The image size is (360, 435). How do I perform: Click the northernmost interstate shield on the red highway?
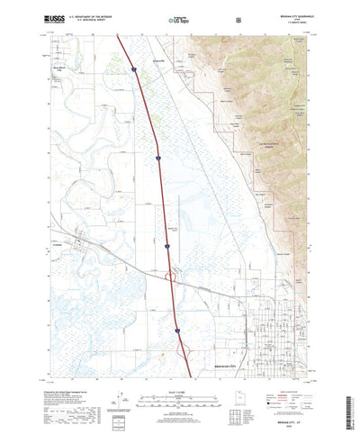(x=132, y=68)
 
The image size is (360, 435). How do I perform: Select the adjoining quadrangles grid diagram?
(x=255, y=398)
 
